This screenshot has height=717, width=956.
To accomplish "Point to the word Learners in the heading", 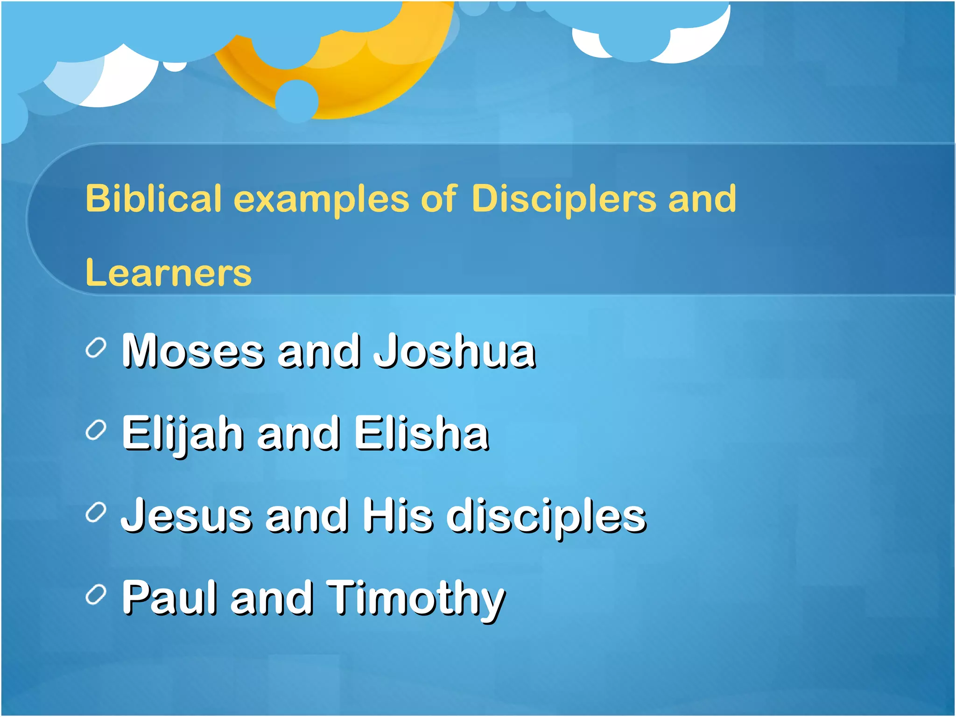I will pyautogui.click(x=169, y=273).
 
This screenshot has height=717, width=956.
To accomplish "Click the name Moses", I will pyautogui.click(x=193, y=351).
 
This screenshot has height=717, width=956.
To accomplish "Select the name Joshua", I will pyautogui.click(x=454, y=351).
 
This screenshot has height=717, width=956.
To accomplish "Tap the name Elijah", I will pyautogui.click(x=183, y=434).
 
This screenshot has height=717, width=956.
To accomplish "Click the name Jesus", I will pyautogui.click(x=187, y=515).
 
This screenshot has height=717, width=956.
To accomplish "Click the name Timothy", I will pyautogui.click(x=415, y=598).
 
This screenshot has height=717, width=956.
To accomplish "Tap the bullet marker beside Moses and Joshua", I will pyautogui.click(x=96, y=349).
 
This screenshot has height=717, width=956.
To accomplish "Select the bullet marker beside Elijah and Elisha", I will pyautogui.click(x=96, y=431).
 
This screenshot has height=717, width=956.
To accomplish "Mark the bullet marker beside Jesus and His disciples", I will pyautogui.click(x=96, y=513).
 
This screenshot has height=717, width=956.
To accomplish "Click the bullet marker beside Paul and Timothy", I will pyautogui.click(x=96, y=595).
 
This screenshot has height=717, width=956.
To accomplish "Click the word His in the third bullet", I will pyautogui.click(x=398, y=515).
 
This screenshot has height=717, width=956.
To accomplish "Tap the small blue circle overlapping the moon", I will pyautogui.click(x=297, y=100).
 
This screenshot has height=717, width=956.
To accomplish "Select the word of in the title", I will pyautogui.click(x=438, y=199).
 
